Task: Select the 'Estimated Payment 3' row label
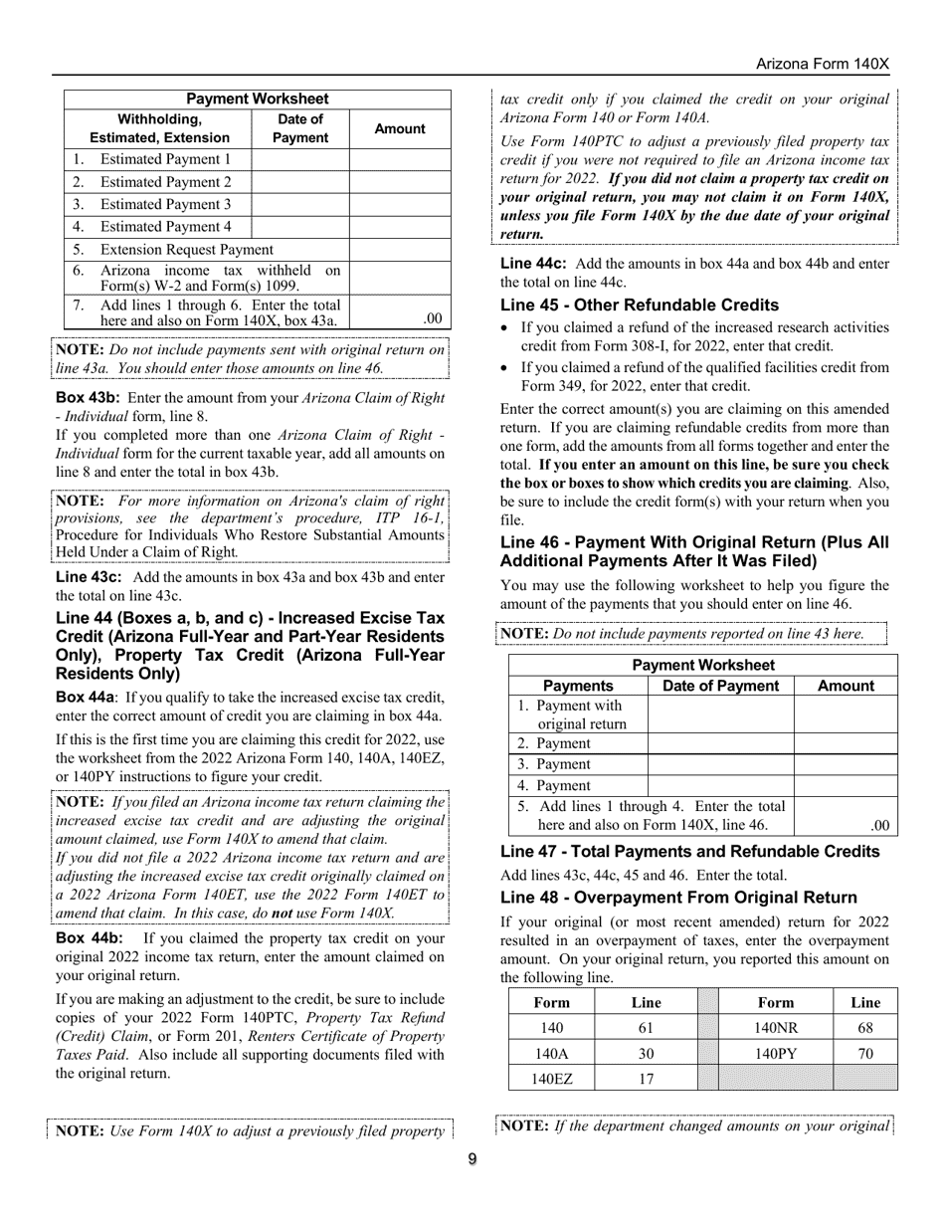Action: point(165,204)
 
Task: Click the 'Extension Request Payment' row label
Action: point(186,250)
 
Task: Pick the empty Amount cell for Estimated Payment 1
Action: point(399,159)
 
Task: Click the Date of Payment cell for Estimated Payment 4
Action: point(299,227)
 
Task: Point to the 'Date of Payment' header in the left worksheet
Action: point(299,128)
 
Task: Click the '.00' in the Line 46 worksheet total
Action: point(878,825)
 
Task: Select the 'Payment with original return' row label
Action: point(578,714)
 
